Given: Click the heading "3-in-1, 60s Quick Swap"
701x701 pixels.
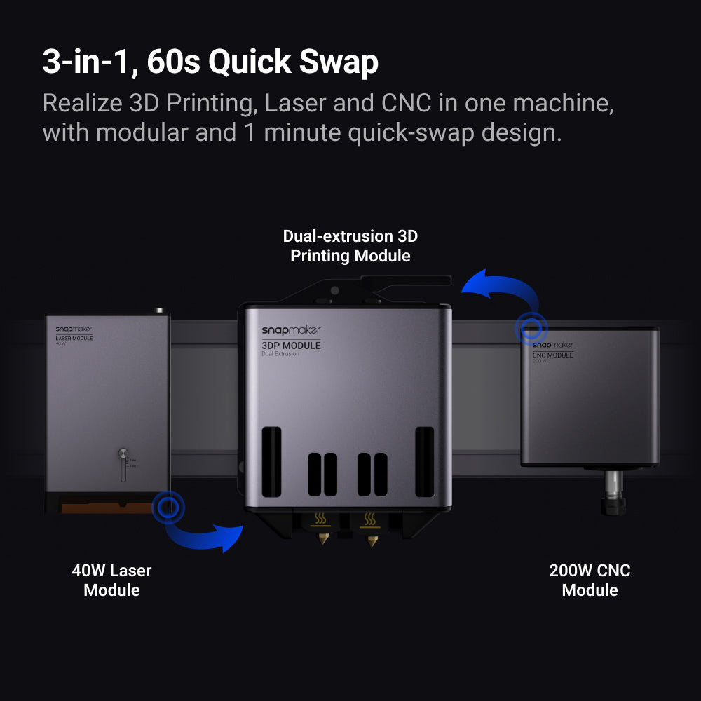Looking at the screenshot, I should [x=210, y=62].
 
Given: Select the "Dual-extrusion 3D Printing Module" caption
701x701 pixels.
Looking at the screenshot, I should [x=350, y=246].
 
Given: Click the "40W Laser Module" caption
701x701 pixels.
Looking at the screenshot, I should [x=111, y=580].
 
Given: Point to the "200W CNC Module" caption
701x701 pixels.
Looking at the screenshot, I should [x=590, y=580].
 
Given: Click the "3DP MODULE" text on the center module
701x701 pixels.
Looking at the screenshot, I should [x=291, y=345].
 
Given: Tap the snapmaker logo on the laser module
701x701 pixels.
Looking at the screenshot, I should [x=73, y=329].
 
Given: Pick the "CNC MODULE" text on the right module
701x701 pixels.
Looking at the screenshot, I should [x=553, y=355].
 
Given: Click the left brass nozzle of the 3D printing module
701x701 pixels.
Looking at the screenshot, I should [x=322, y=540].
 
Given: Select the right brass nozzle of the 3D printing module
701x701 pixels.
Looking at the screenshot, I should [x=372, y=540].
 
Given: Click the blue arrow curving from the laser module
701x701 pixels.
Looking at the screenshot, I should [x=203, y=536].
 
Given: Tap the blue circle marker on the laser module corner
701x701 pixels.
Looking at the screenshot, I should [x=168, y=505].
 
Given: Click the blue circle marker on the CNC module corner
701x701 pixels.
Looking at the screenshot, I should [x=531, y=327].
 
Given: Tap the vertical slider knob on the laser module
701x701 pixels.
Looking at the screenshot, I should [x=123, y=454].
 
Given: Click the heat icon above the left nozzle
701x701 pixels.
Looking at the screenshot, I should [x=322, y=519].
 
